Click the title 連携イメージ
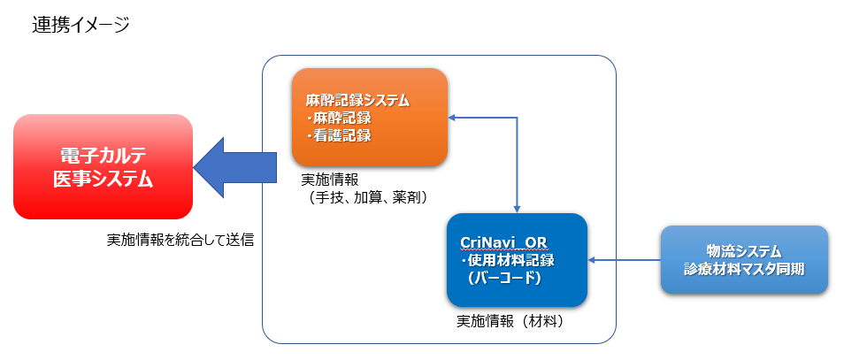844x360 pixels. pyautogui.click(x=81, y=25)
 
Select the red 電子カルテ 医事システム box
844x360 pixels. pyautogui.click(x=103, y=167)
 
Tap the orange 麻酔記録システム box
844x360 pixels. pyautogui.click(x=370, y=118)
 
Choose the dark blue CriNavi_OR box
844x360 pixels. pyautogui.click(x=517, y=260)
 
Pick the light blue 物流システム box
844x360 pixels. pyautogui.click(x=744, y=260)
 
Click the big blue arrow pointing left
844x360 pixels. pyautogui.click(x=234, y=167)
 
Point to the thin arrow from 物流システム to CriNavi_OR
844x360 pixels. pyautogui.click(x=624, y=260)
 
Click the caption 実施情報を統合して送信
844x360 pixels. pyautogui.click(x=180, y=240)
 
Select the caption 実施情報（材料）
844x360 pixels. pyautogui.click(x=510, y=321)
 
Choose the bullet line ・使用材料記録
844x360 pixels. pyautogui.click(x=508, y=261)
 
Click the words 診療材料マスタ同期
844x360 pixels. pyautogui.click(x=744, y=269)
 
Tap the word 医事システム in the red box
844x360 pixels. pyautogui.click(x=103, y=180)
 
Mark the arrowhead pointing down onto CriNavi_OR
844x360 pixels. pyautogui.click(x=517, y=210)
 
